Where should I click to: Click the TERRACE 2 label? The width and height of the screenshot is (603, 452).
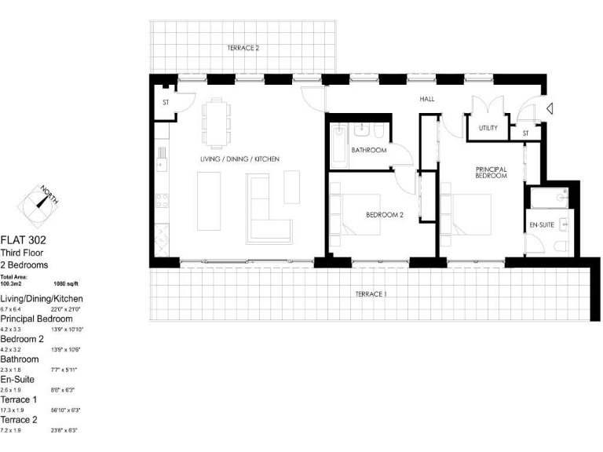coord(243,48)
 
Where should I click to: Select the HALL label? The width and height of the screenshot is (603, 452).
coord(426,99)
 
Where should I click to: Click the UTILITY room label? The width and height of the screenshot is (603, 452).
coord(488,128)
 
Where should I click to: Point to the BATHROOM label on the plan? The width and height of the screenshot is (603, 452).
coord(368,150)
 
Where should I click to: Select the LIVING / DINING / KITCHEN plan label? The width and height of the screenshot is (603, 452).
coord(239,159)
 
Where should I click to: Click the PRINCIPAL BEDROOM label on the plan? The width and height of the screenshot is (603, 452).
coord(491,173)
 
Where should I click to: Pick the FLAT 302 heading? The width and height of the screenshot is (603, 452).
coord(23,241)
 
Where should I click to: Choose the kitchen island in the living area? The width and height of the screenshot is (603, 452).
coord(210,202)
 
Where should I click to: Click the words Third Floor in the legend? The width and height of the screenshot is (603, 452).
coord(21,253)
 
